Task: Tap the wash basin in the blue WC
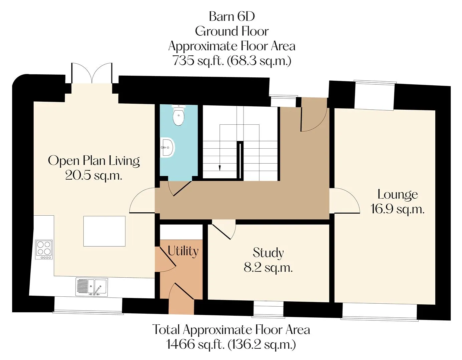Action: point(168,147)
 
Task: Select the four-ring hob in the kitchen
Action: point(44,249)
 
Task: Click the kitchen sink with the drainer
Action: point(92,287)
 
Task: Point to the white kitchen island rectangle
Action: point(104,231)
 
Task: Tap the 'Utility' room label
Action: point(183,251)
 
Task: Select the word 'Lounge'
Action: point(398,195)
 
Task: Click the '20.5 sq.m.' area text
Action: point(94,175)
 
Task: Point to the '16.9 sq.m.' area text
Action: point(398,209)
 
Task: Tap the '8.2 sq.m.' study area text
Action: point(268,268)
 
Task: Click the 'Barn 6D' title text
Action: point(232,16)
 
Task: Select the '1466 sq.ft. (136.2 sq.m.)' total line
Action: point(231,344)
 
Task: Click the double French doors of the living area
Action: point(92,73)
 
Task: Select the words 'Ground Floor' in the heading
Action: point(232,31)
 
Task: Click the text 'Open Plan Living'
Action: point(94,161)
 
